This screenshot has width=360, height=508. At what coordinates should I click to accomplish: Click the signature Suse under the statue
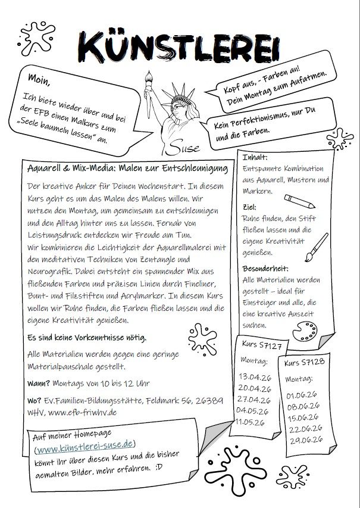click(x=187, y=145)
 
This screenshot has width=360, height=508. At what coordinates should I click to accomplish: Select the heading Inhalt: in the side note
click(x=255, y=157)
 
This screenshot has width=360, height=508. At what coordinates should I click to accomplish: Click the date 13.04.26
click(x=254, y=376)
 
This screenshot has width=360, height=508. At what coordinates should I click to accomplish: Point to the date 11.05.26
click(x=253, y=422)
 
